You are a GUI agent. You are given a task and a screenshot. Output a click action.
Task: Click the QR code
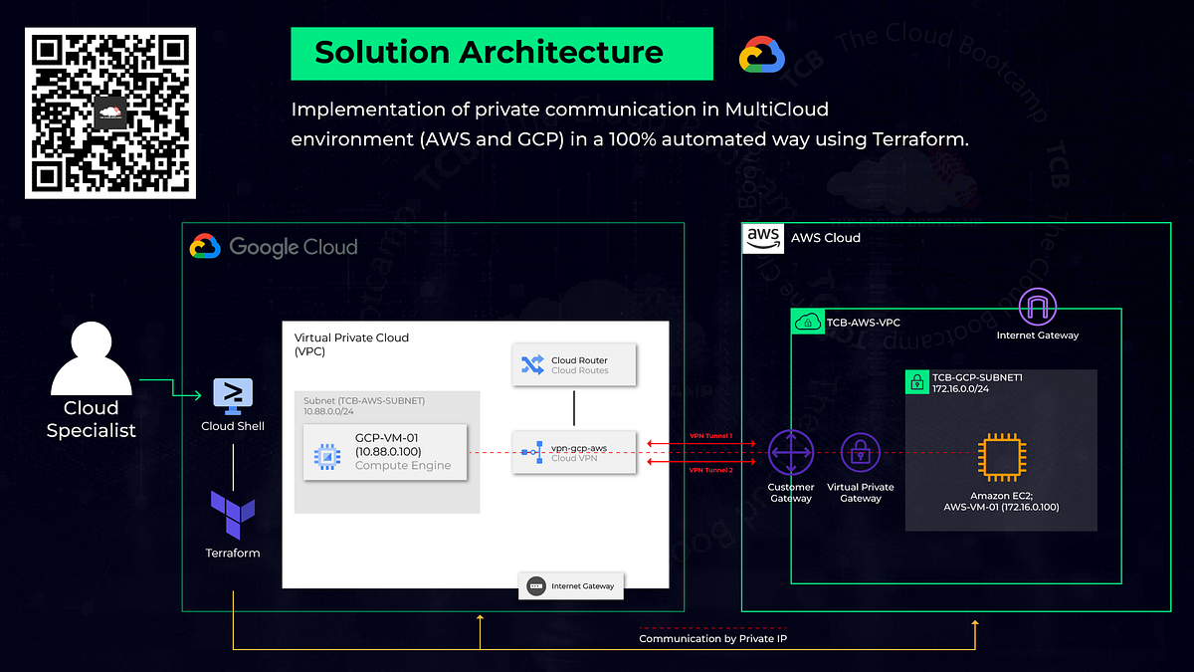[109, 112]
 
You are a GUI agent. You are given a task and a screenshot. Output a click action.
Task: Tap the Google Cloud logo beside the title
[762, 55]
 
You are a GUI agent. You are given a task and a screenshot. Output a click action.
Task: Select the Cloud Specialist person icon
[92, 358]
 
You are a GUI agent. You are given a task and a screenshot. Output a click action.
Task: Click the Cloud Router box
[573, 365]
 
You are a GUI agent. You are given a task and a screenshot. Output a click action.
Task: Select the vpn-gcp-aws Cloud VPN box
[573, 453]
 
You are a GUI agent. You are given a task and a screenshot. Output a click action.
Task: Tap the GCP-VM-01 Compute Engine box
[384, 453]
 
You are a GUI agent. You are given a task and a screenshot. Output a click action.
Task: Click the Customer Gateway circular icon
[791, 453]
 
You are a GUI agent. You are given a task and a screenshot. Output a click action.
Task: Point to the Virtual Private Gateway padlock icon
[861, 453]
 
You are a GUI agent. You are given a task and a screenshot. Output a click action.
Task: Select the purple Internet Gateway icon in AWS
[1038, 307]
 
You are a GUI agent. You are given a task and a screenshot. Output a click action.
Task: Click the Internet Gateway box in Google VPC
[571, 586]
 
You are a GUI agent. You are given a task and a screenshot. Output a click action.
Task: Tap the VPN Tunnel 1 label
[710, 436]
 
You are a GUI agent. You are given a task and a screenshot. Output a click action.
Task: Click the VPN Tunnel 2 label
[710, 470]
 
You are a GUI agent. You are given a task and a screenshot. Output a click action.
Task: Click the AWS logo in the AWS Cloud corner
[763, 238]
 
